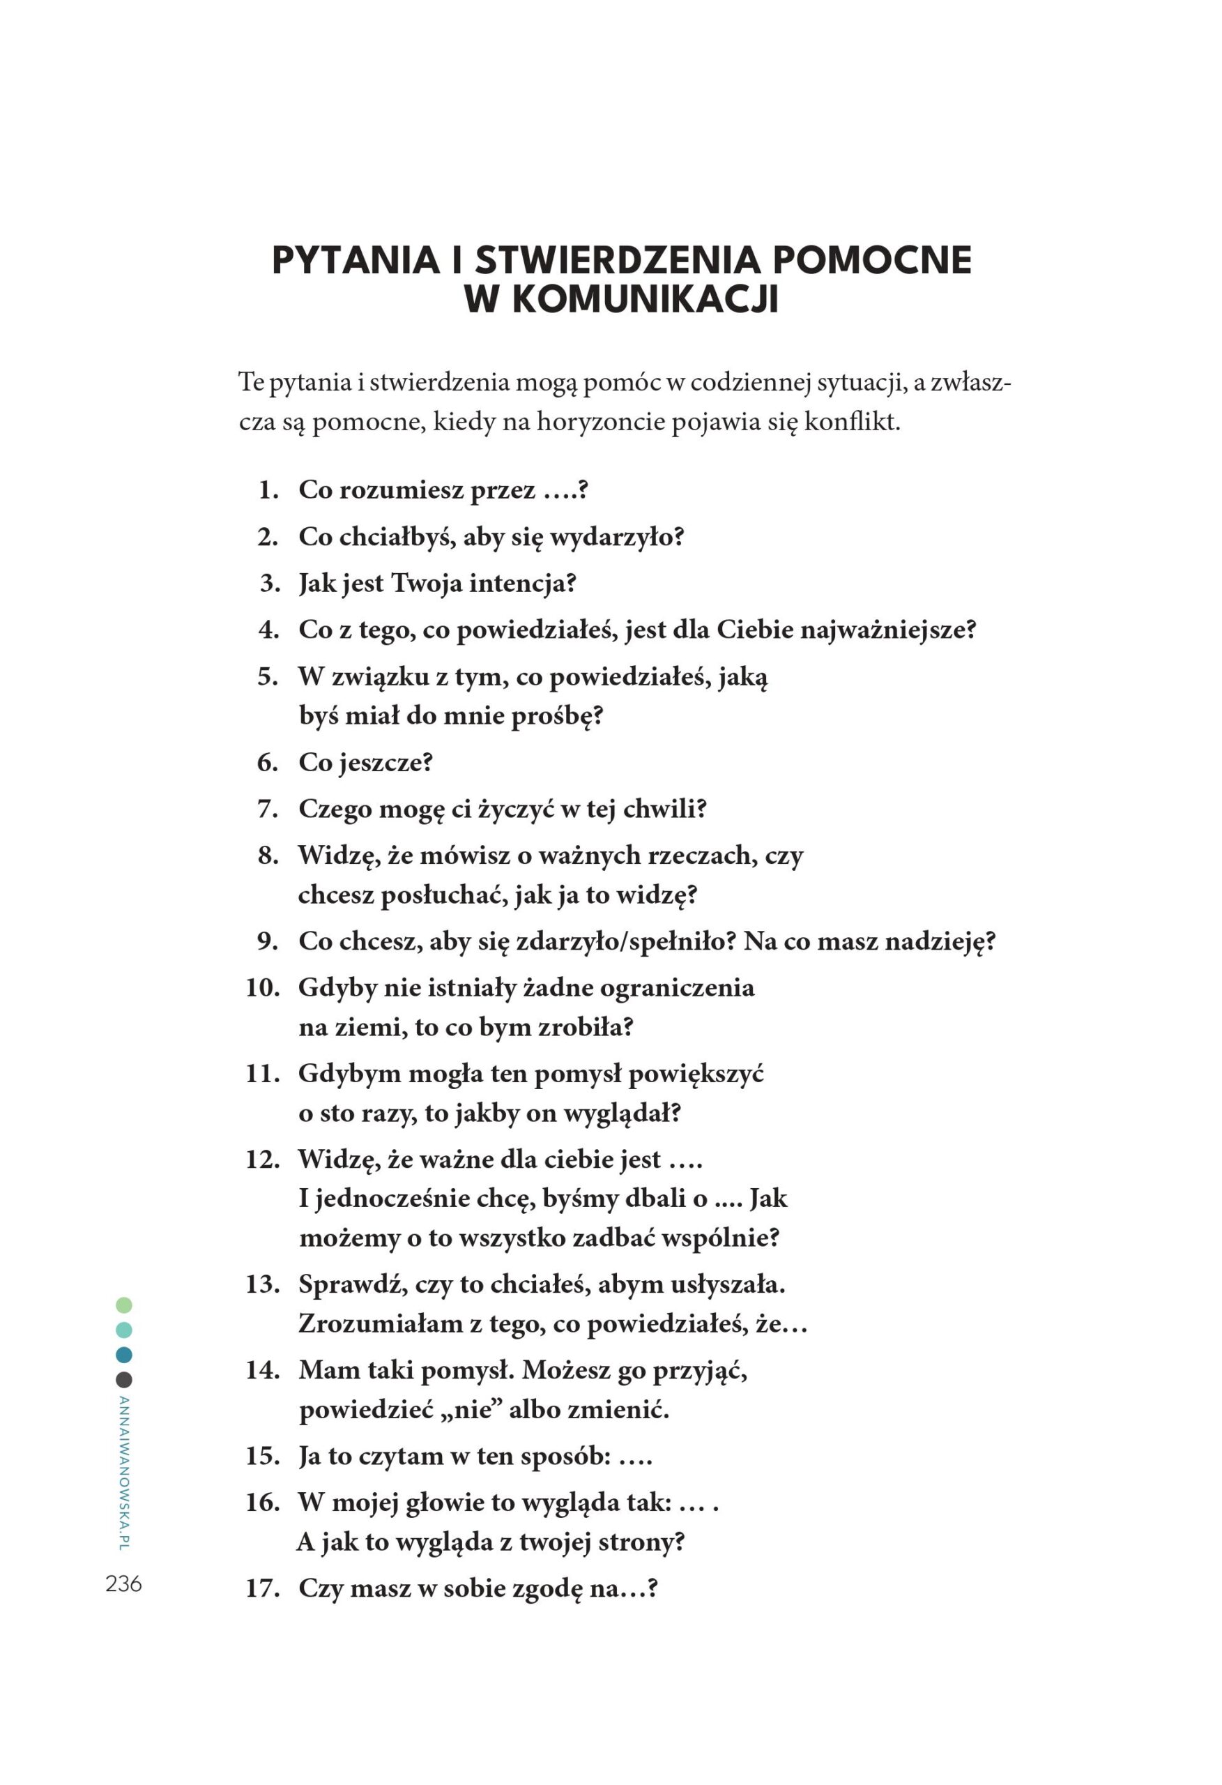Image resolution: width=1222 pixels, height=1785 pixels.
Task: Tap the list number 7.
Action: tap(267, 809)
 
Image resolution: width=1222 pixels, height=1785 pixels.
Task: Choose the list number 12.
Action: tap(262, 1159)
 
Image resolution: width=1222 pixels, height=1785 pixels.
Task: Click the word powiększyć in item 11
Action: tap(696, 1074)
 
